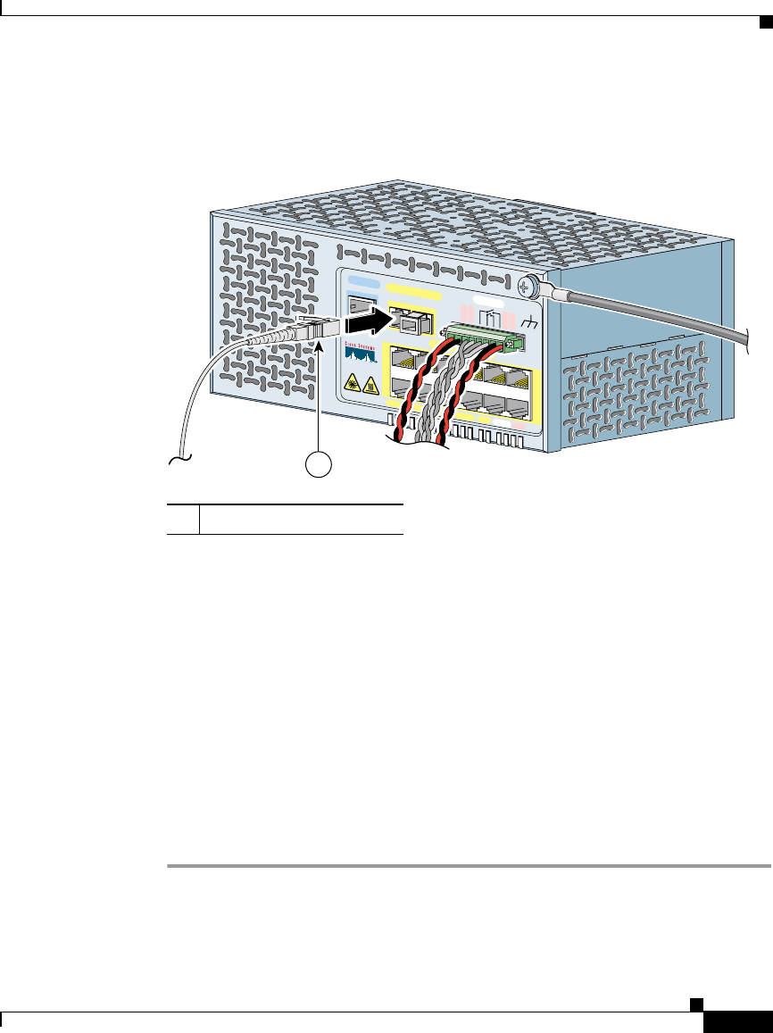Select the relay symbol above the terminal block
pyautogui.click(x=489, y=317)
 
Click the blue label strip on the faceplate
pyautogui.click(x=362, y=287)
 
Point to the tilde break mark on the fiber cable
pyautogui.click(x=179, y=461)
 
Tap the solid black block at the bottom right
pyautogui.click(x=736, y=1022)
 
